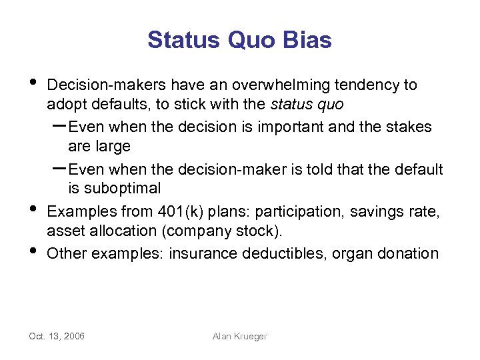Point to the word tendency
pos(368,85)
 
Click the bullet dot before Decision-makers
pos(34,83)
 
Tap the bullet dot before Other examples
pos(34,251)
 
